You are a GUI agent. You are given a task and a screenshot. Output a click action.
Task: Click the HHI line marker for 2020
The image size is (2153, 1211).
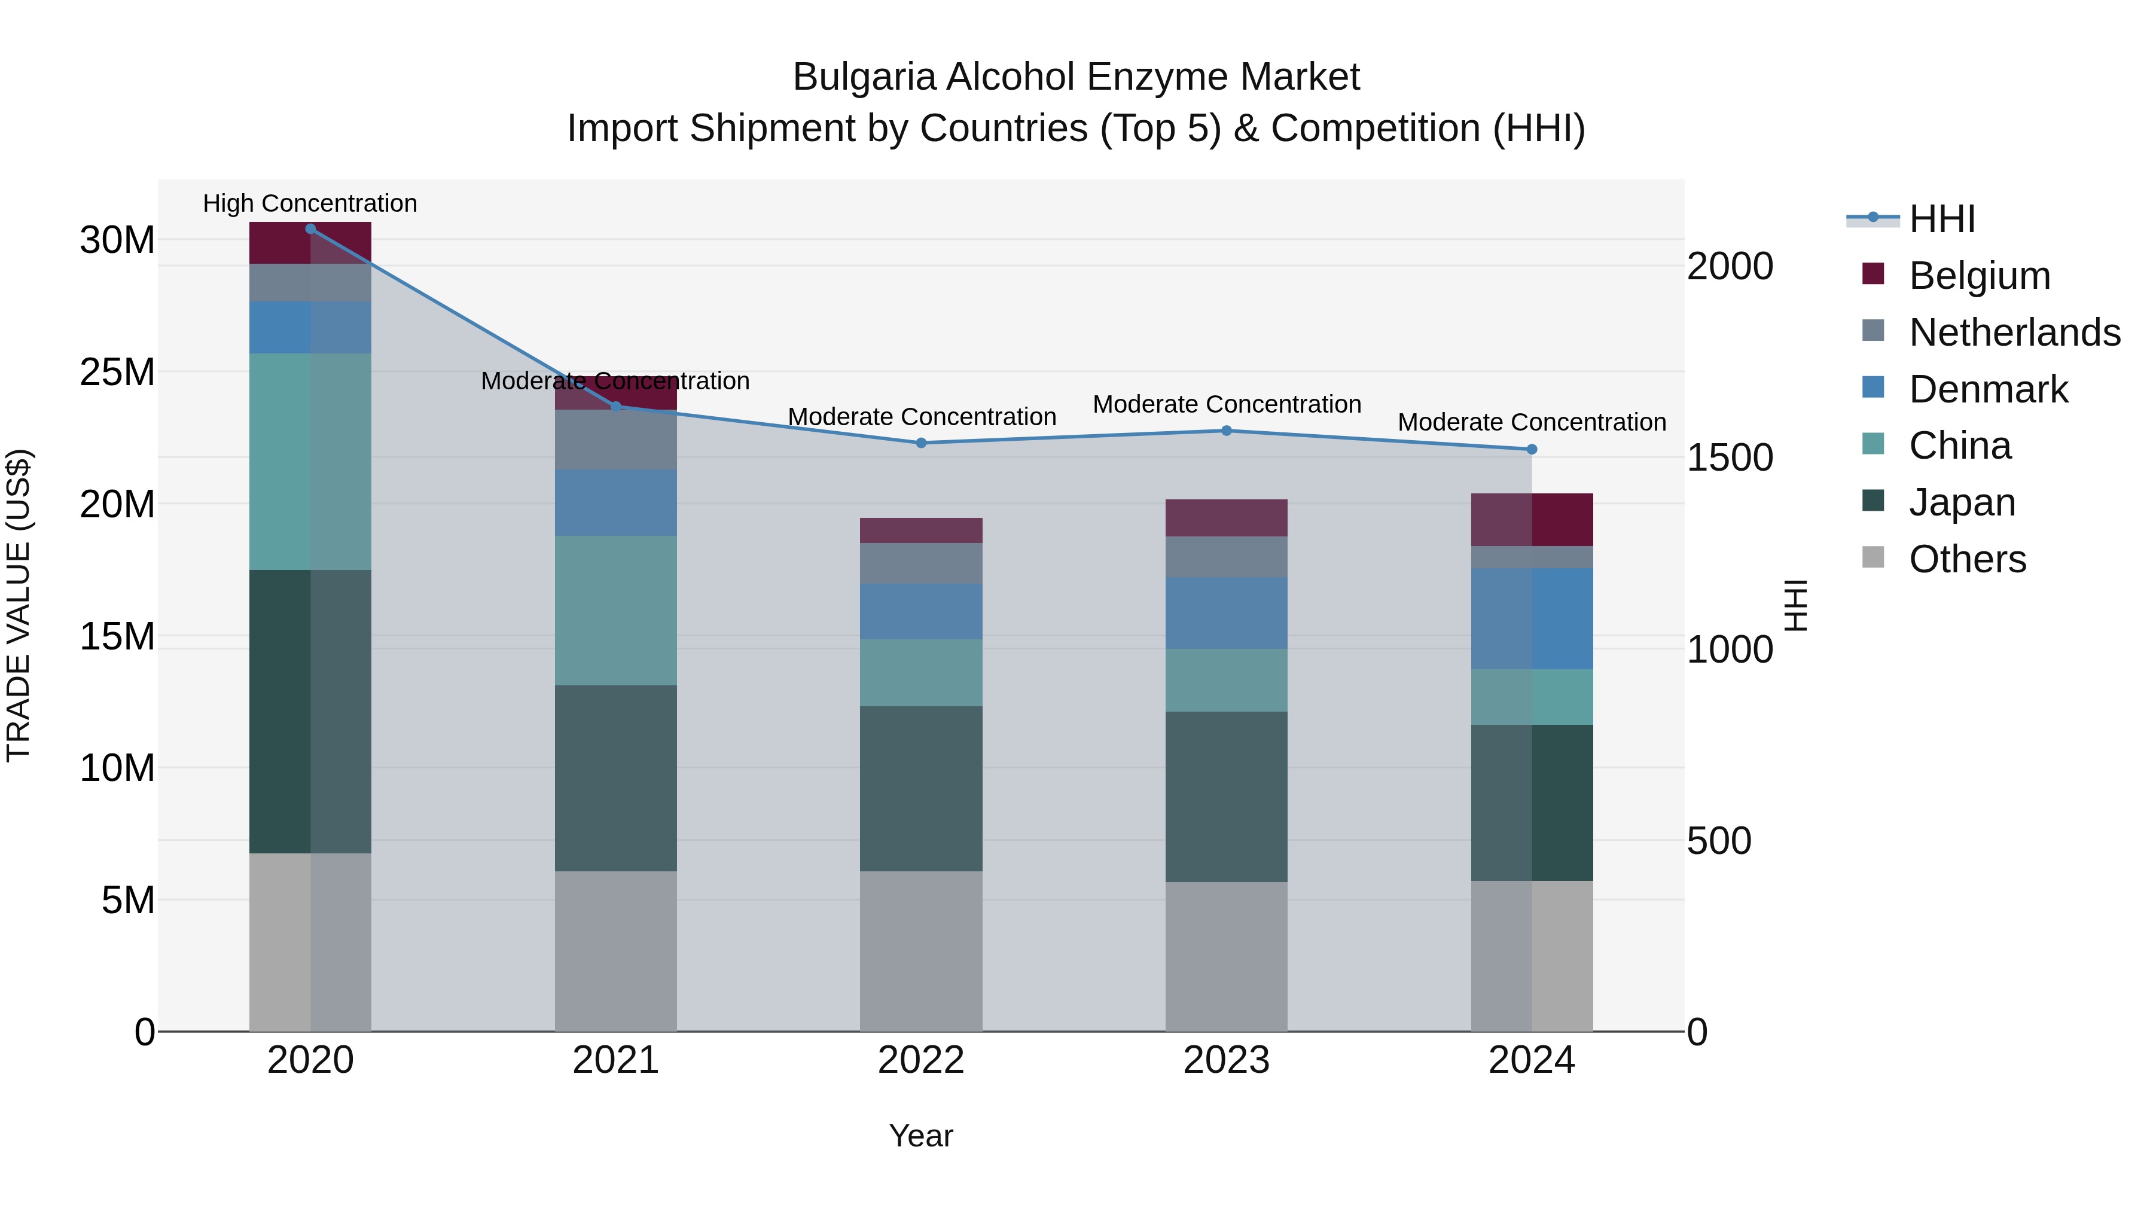pyautogui.click(x=310, y=228)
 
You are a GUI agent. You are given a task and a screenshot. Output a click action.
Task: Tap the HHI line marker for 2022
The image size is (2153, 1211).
pyautogui.click(x=921, y=443)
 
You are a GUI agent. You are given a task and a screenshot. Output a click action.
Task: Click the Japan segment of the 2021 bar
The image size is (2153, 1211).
pyautogui.click(x=615, y=778)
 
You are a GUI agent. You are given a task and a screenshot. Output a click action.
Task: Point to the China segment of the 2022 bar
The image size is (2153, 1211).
pyautogui.click(x=921, y=673)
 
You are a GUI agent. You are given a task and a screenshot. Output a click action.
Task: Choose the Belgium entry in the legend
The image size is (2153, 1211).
pyautogui.click(x=1978, y=276)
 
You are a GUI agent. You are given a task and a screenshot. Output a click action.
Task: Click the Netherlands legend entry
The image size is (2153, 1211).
pyautogui.click(x=2014, y=333)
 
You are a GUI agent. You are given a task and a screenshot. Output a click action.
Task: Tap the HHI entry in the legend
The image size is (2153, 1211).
pyautogui.click(x=1941, y=219)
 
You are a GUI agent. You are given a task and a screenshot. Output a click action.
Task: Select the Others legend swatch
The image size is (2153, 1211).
pyautogui.click(x=1873, y=557)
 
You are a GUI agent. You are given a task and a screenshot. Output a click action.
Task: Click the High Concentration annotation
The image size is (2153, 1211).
pyautogui.click(x=310, y=203)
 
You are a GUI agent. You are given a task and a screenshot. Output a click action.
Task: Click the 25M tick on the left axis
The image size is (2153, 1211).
pyautogui.click(x=117, y=372)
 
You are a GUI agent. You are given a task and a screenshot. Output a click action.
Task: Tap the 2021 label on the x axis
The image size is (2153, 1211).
pyautogui.click(x=615, y=1060)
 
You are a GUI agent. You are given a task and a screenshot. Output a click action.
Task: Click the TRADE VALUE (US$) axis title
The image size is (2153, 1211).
pyautogui.click(x=19, y=605)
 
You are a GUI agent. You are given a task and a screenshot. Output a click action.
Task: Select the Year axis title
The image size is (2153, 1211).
pyautogui.click(x=920, y=1136)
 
